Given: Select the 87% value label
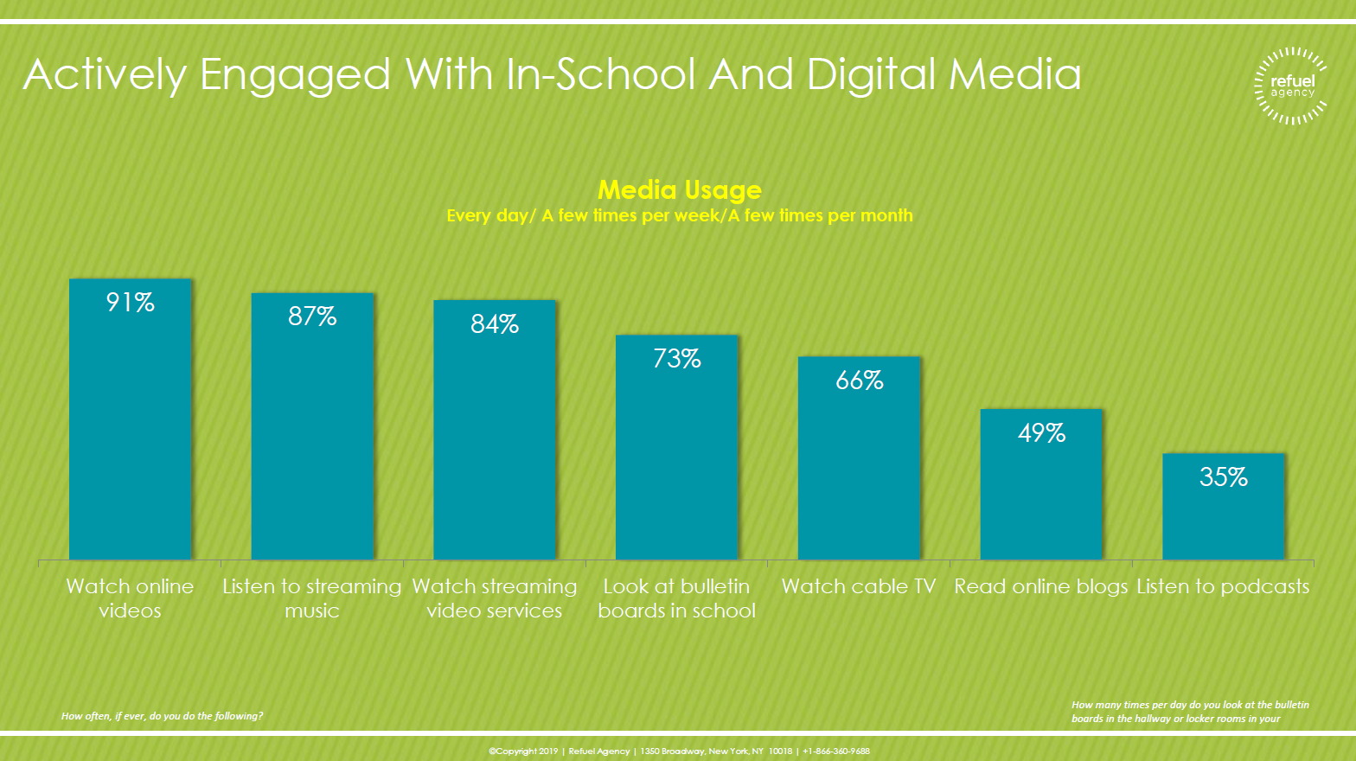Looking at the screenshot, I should pos(312,317).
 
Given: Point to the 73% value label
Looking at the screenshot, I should pos(676,359).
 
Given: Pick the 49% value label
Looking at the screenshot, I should pos(1041,432).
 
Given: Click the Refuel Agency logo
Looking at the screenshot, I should pos(1291,86).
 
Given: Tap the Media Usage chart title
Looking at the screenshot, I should pos(680,189).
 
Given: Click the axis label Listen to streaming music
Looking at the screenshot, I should pos(312,598).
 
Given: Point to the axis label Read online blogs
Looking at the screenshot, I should pos(1041,586).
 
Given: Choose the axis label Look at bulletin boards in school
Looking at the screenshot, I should pos(676,598).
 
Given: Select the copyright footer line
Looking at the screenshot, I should pos(679,751).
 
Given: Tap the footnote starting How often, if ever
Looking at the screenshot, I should pos(162,716).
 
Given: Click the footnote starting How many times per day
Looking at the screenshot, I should pos(1189,712).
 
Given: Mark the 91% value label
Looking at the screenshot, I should pos(130,302).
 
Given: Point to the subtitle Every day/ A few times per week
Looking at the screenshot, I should pos(680,215).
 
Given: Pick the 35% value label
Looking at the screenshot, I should pos(1223,476).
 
